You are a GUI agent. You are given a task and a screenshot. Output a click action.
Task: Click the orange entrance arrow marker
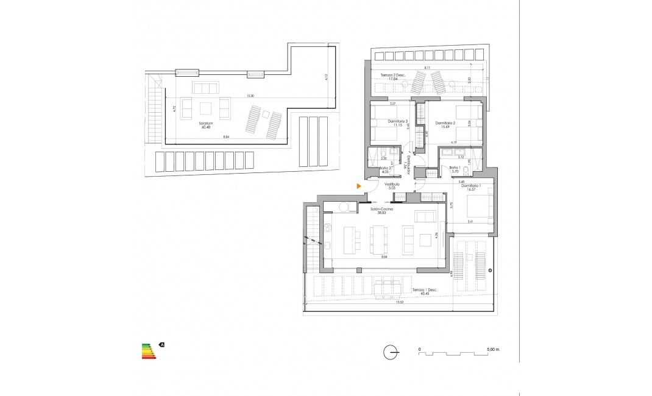tap(360, 186)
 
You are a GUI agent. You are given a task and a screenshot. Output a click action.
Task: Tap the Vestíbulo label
tap(391, 184)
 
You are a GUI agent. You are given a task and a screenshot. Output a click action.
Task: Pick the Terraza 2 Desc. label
tap(393, 75)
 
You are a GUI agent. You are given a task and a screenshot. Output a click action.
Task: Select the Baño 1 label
tap(454, 169)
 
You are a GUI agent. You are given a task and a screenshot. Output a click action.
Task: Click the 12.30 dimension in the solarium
tap(250, 96)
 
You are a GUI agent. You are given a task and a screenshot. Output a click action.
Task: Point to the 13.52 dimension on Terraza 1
tap(400, 302)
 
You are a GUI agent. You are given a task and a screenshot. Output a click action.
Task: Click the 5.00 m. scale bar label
tap(494, 350)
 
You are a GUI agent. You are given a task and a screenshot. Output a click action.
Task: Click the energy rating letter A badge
tap(161, 344)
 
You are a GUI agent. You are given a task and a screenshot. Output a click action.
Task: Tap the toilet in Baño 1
tap(466, 169)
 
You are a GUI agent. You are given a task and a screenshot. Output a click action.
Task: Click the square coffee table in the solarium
tap(206, 108)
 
